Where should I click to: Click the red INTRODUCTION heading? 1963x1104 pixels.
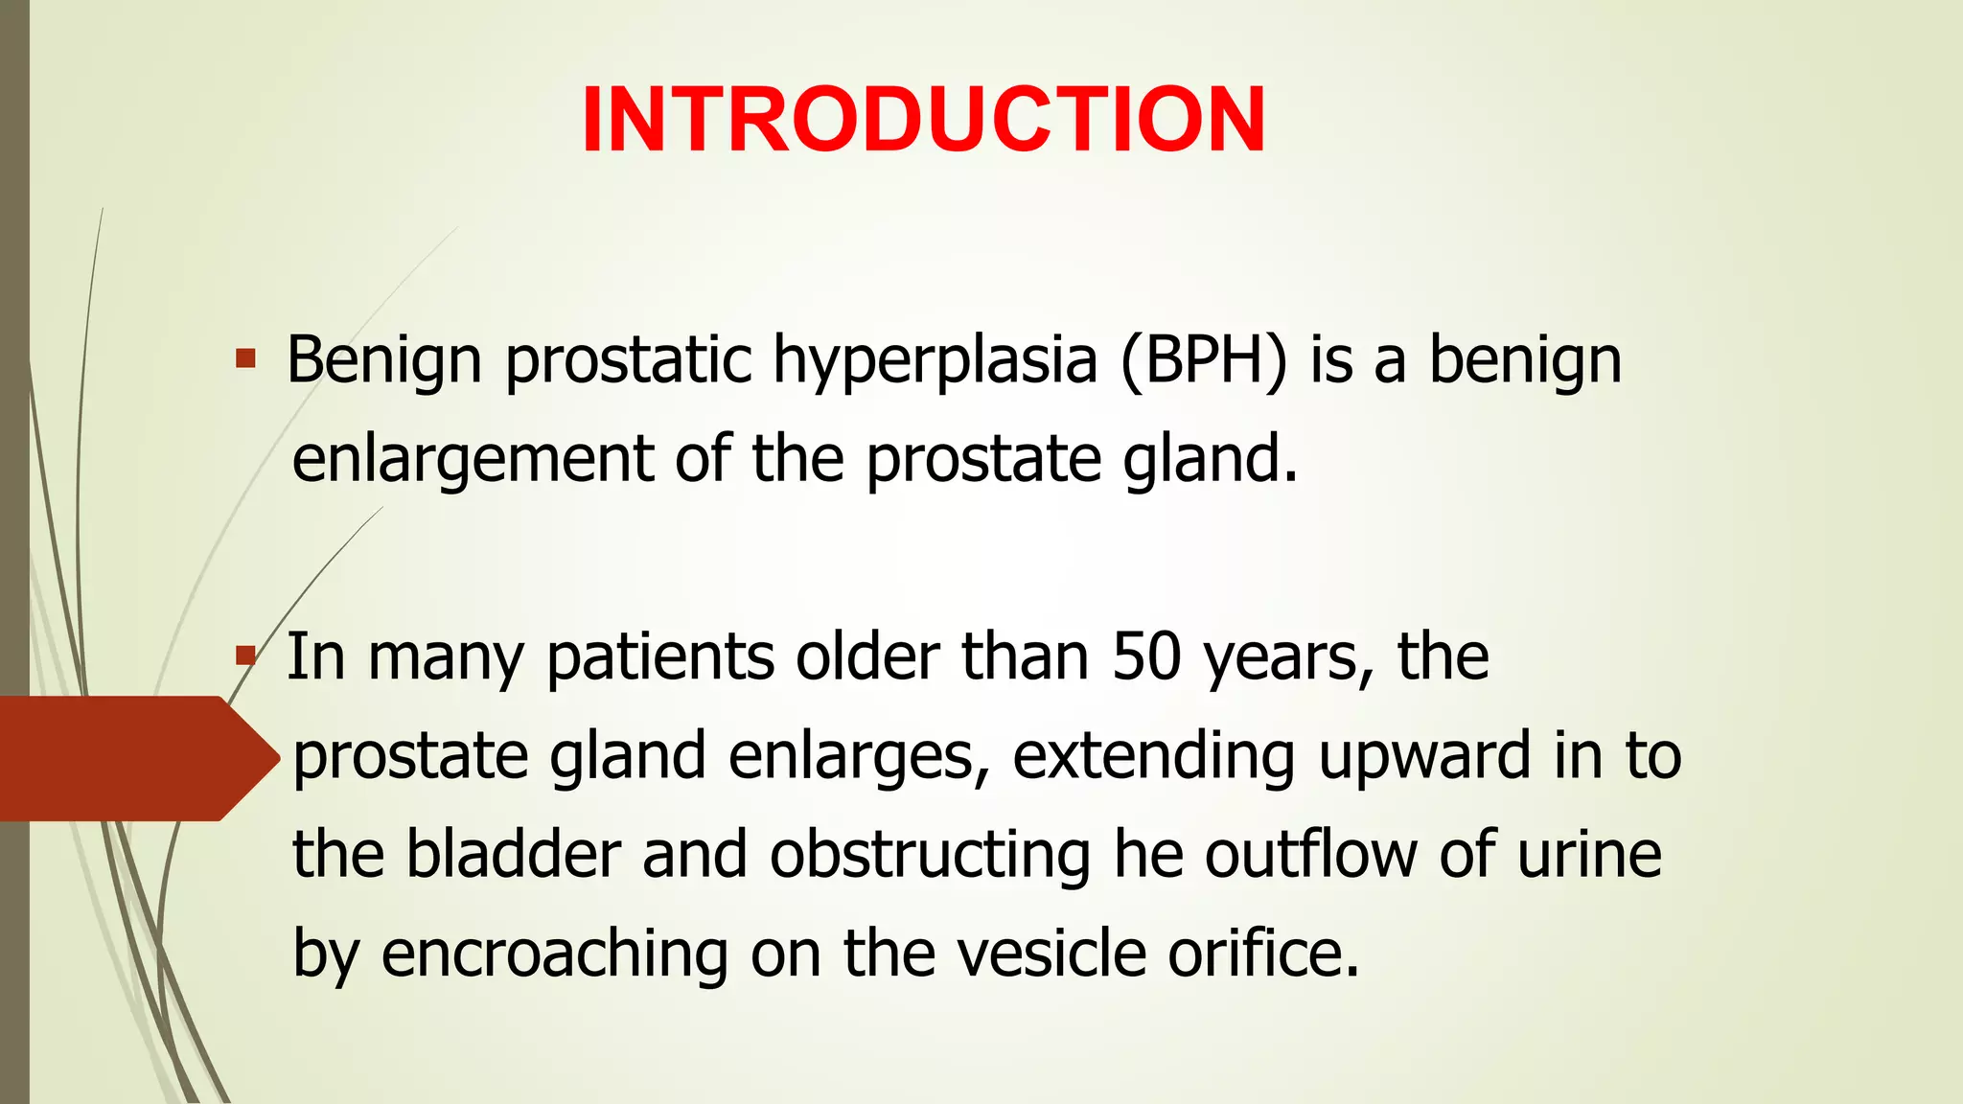tap(923, 120)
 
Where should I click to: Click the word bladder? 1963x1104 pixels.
tap(513, 855)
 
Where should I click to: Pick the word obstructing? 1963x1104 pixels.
tap(930, 855)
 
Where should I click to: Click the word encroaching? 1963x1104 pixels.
tap(554, 954)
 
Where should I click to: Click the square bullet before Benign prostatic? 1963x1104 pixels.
tap(246, 360)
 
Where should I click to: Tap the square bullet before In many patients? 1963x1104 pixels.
tap(246, 656)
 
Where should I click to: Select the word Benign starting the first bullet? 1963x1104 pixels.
tap(383, 362)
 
